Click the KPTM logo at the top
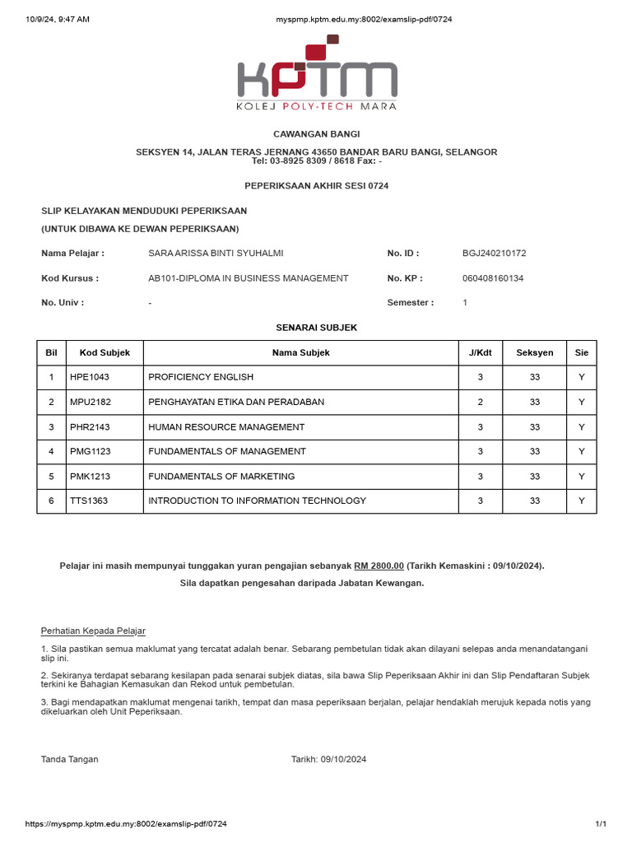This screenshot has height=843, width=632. (x=317, y=74)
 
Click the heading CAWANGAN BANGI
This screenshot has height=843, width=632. (x=317, y=134)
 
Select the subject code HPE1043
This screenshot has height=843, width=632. (x=90, y=377)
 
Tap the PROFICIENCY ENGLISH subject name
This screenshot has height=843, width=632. (x=201, y=377)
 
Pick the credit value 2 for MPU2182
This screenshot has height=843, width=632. (x=481, y=402)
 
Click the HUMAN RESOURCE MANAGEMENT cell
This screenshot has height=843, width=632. (x=226, y=426)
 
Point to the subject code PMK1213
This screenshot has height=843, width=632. (x=90, y=476)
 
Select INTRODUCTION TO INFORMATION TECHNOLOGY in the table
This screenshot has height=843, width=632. (x=258, y=501)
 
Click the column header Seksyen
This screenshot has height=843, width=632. (x=535, y=352)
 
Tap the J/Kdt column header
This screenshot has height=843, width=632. (x=481, y=352)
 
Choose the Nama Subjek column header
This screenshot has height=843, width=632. (x=301, y=352)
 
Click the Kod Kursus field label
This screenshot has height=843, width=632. (x=70, y=278)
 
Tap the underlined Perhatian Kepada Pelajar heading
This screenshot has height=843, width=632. (x=93, y=631)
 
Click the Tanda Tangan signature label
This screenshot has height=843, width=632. (x=70, y=759)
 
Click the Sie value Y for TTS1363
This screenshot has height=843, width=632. (x=582, y=501)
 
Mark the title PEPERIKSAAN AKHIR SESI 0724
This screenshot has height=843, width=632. (x=317, y=186)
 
